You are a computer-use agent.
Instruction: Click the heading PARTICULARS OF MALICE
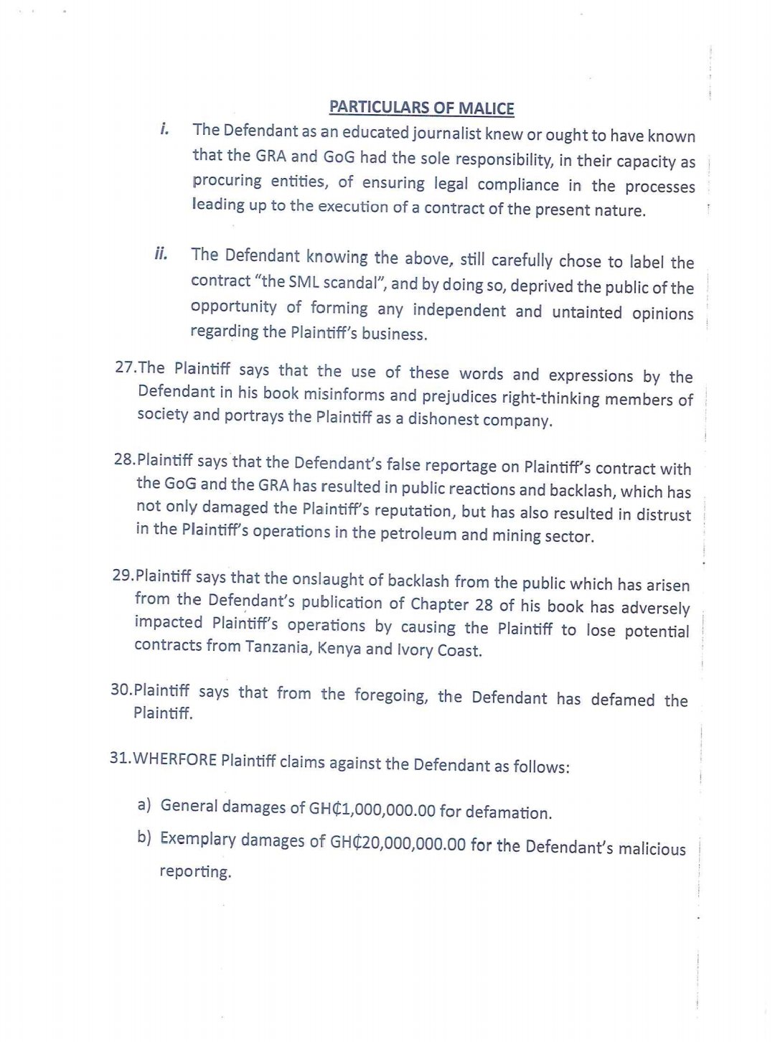pyautogui.click(x=421, y=108)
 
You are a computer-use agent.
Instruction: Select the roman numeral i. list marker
pyautogui.click(x=164, y=129)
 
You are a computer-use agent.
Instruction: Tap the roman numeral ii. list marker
pyautogui.click(x=161, y=253)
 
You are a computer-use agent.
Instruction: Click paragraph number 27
pyautogui.click(x=126, y=367)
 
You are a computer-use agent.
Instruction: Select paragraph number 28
pyautogui.click(x=124, y=459)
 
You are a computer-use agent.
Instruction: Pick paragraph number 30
pyautogui.click(x=121, y=690)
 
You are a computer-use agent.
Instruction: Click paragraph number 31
pyautogui.click(x=120, y=758)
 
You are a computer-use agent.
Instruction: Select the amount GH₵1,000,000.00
pyautogui.click(x=372, y=809)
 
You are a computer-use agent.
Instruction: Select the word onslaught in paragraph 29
pyautogui.click(x=302, y=578)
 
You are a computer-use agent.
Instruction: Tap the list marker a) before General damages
pyautogui.click(x=144, y=804)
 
